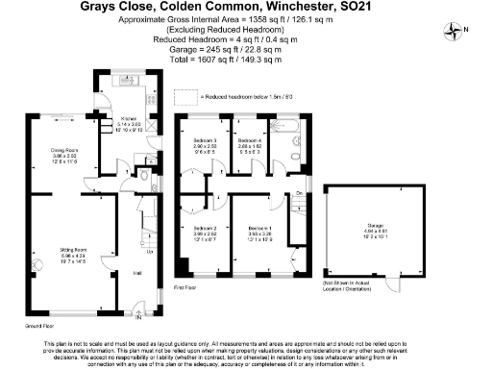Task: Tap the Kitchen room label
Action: (x=128, y=120)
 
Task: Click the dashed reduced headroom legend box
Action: (x=197, y=97)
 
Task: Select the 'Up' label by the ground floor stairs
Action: (x=149, y=253)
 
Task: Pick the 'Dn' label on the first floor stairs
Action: (x=298, y=195)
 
